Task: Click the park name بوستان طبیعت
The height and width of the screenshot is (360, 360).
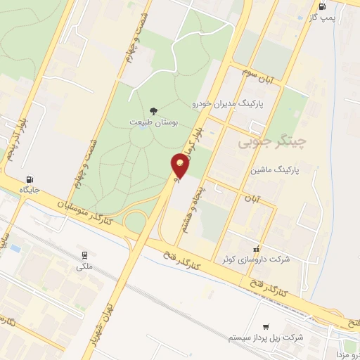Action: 154,122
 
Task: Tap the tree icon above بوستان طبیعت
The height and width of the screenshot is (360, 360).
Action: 154,110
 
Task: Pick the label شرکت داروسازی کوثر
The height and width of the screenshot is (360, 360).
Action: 256,259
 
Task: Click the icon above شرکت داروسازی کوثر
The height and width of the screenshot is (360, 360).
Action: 257,248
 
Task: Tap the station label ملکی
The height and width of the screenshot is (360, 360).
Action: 85,266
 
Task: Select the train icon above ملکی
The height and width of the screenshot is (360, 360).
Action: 85,255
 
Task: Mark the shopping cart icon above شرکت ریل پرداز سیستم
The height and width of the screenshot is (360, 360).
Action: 266,327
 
